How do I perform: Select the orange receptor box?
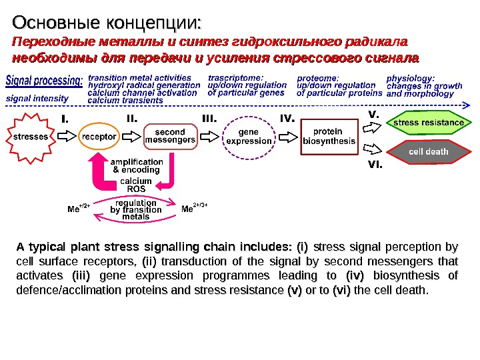(98, 137)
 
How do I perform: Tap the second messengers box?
(171, 137)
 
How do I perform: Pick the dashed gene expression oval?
(249, 137)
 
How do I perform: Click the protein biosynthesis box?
(329, 137)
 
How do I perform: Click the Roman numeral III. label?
(211, 119)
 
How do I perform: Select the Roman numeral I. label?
(66, 119)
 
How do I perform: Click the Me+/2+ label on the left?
(79, 207)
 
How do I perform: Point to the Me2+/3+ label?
(195, 207)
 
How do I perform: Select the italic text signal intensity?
(37, 98)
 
